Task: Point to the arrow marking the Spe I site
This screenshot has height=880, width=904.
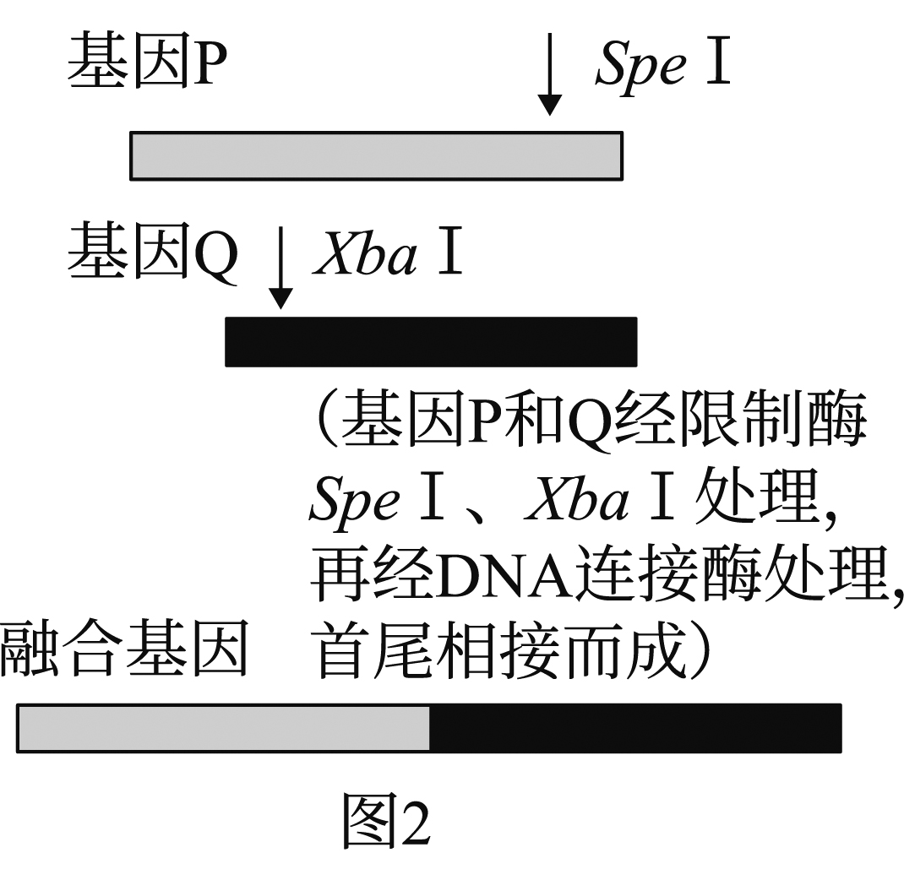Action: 550,74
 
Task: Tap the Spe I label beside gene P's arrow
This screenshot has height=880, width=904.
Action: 663,64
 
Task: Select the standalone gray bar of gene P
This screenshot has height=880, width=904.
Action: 376,156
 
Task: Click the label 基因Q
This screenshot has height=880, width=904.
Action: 152,251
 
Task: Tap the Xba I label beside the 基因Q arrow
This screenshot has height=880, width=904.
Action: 389,253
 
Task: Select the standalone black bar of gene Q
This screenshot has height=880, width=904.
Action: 431,342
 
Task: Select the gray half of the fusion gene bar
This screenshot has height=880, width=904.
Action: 224,728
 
